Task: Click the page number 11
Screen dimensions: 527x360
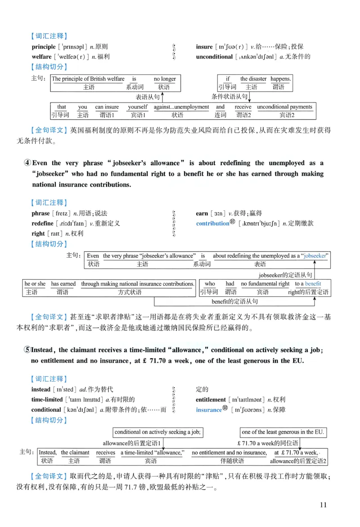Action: point(323,505)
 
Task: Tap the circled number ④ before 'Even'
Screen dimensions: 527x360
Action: point(27,163)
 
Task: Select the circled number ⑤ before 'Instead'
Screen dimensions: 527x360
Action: point(27,350)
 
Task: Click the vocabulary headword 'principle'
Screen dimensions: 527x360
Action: point(43,47)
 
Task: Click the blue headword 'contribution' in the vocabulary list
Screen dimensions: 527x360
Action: point(212,223)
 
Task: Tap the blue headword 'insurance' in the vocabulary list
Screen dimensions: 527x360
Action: point(209,410)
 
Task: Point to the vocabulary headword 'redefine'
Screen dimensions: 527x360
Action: point(42,223)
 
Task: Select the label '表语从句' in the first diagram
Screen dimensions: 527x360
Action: point(148,97)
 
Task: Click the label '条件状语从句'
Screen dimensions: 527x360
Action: point(229,97)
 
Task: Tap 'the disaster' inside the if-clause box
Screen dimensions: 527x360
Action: point(253,79)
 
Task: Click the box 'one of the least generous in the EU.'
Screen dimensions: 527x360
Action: point(283,432)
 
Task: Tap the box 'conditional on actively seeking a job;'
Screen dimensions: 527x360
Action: point(157,432)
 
